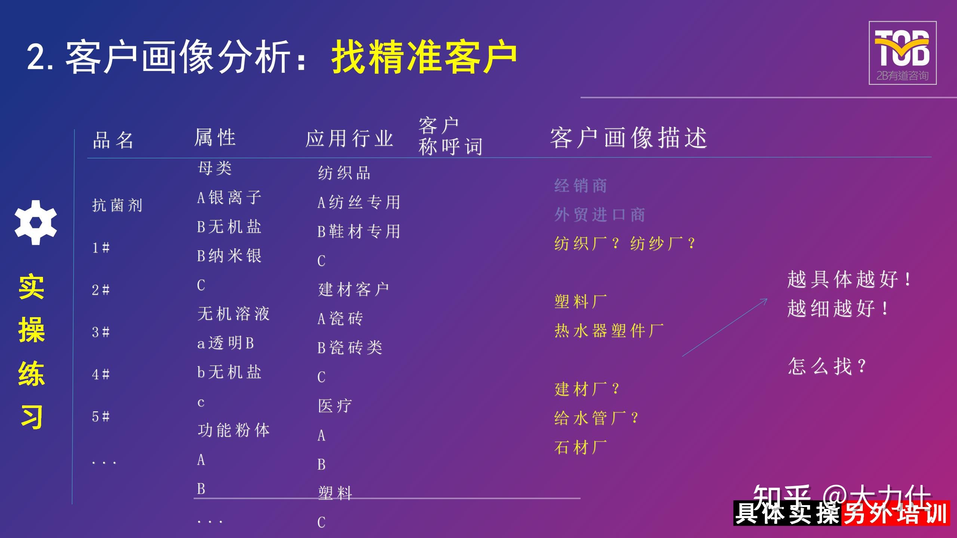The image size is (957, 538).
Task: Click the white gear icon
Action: click(x=36, y=223)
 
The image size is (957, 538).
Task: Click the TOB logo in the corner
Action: click(x=902, y=53)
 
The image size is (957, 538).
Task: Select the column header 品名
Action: click(x=113, y=140)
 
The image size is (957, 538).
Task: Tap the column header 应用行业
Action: click(x=349, y=139)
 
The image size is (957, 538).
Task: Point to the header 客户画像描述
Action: click(x=628, y=138)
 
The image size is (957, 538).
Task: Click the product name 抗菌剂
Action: click(x=117, y=205)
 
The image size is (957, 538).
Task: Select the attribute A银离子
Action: click(x=229, y=197)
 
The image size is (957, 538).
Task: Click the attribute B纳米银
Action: click(x=229, y=256)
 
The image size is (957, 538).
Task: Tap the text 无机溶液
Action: click(x=234, y=313)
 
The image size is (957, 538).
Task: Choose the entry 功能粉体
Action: click(x=234, y=430)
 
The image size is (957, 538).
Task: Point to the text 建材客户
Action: click(x=354, y=290)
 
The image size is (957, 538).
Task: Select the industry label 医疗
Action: click(x=335, y=406)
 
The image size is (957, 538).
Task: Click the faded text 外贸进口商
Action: click(x=600, y=215)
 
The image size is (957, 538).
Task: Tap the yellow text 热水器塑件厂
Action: click(x=609, y=331)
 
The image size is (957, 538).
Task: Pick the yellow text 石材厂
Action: click(x=581, y=447)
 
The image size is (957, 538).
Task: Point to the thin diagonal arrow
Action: click(x=724, y=327)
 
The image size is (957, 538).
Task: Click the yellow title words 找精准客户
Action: click(x=424, y=57)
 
